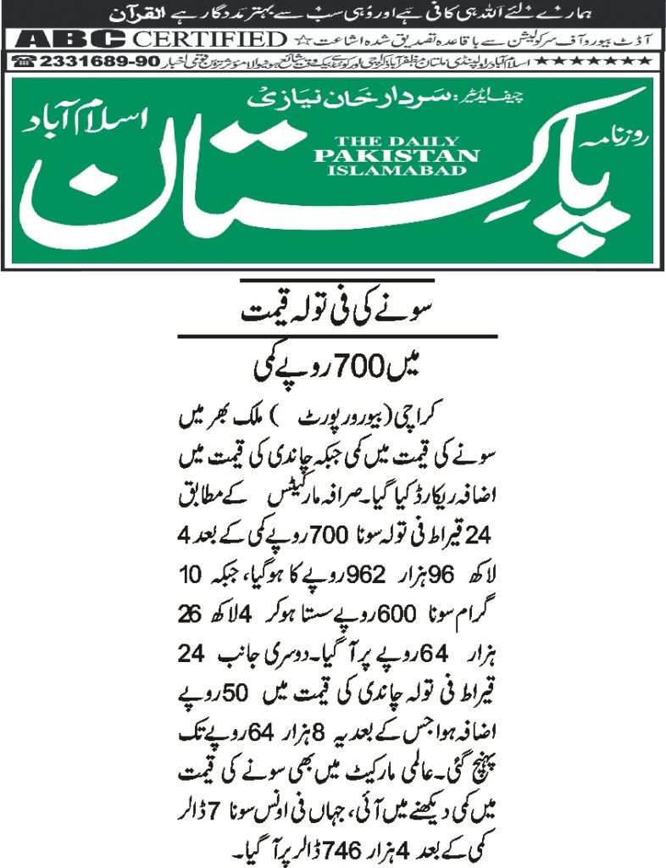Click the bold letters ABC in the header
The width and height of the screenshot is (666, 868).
point(72,39)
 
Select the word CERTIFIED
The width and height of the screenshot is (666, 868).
point(209,39)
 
